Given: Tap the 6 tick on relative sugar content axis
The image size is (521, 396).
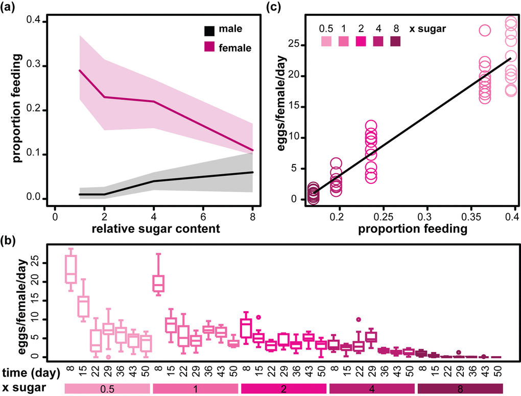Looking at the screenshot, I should click(203, 216).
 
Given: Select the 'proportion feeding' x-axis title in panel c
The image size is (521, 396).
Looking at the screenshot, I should click(412, 229).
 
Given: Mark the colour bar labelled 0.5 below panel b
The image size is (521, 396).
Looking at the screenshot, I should click(107, 389).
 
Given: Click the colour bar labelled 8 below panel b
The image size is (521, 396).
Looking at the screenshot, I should click(460, 389).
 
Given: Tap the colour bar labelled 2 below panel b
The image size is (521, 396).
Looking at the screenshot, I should click(283, 389).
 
